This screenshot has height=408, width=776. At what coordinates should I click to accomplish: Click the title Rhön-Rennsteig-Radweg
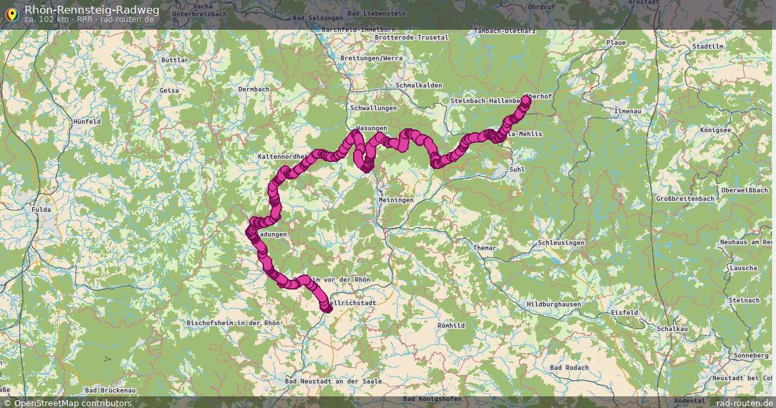point(91,9)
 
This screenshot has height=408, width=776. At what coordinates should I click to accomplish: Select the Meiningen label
point(396,200)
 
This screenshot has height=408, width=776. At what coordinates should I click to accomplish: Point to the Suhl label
point(517,170)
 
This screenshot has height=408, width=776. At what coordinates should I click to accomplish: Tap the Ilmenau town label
point(628,111)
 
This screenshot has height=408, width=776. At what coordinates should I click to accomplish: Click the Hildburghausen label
point(554,304)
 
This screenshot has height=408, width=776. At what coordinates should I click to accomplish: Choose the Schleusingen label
point(561,243)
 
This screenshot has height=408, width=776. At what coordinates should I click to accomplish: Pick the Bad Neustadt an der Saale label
point(333,381)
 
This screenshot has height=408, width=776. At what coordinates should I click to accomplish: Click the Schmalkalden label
point(418,85)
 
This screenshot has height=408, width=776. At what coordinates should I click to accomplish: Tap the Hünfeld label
point(87,121)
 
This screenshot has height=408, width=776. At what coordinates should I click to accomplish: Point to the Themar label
point(484,248)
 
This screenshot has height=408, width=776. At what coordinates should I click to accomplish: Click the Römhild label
point(451,325)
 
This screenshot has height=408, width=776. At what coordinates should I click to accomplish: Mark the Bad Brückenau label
point(110,391)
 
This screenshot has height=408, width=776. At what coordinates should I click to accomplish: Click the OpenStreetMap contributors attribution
point(72,403)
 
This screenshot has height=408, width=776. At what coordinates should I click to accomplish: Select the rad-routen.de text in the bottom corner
point(743,403)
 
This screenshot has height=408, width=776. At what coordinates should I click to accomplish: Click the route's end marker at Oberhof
point(526,100)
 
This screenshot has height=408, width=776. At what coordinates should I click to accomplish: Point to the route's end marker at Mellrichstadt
point(327,308)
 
